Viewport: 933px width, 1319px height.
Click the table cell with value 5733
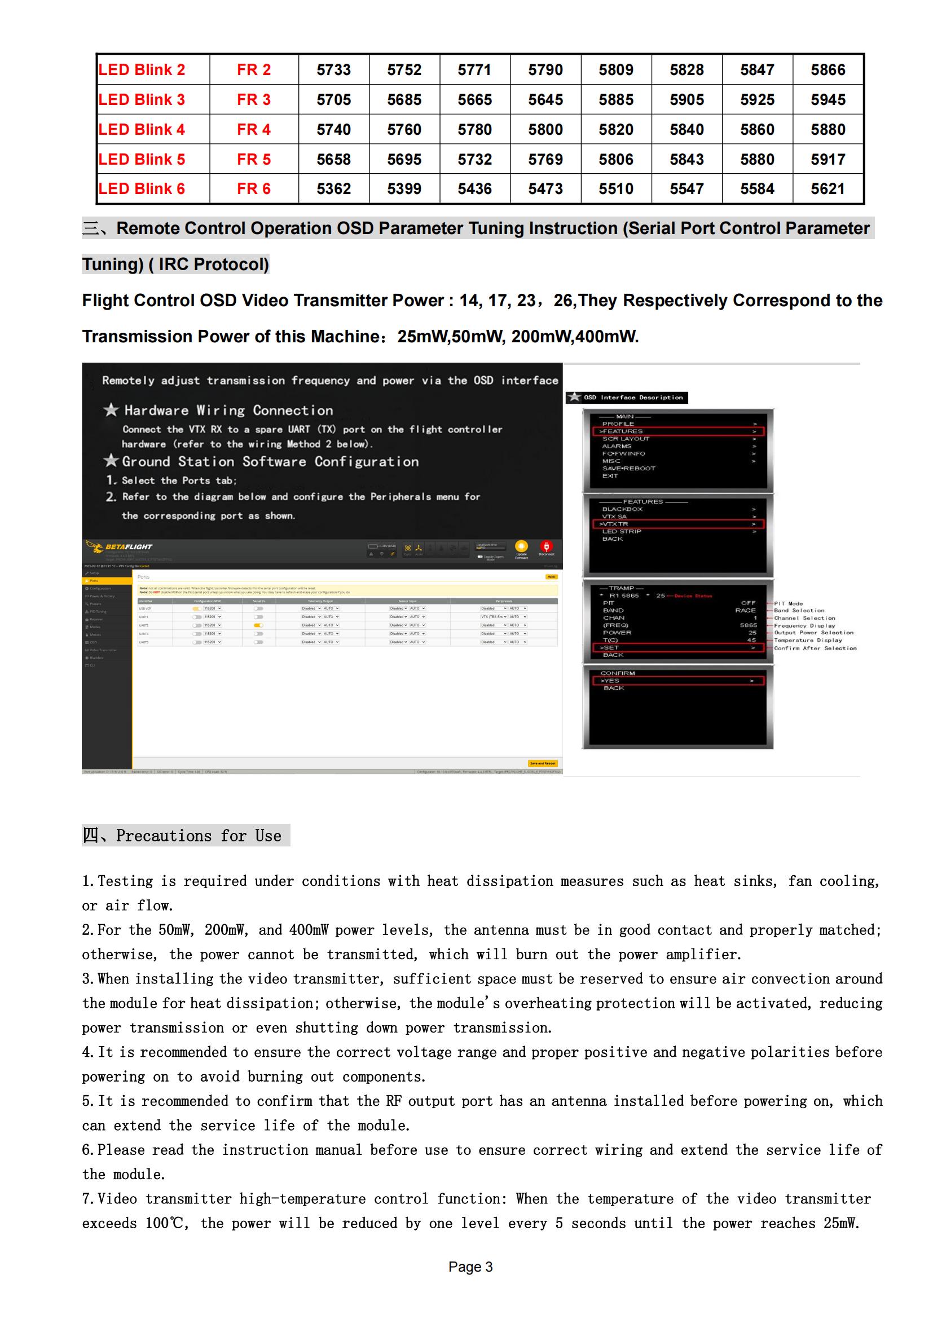click(x=333, y=69)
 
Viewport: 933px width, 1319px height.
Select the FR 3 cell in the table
click(x=253, y=99)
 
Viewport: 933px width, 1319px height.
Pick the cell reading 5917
click(x=828, y=159)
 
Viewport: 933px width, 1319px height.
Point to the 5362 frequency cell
click(x=333, y=188)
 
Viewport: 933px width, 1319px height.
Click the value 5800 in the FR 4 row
click(x=545, y=129)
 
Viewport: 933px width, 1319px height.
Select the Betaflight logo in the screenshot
click(x=120, y=547)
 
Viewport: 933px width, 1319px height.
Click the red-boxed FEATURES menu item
click(x=677, y=431)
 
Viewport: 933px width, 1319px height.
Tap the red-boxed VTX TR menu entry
click(x=677, y=524)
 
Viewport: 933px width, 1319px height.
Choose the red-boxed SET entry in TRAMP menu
click(x=677, y=647)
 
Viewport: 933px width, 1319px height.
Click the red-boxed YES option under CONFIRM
click(x=677, y=681)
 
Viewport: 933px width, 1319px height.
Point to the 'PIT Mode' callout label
click(x=788, y=603)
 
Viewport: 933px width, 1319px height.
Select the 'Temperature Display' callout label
click(x=808, y=640)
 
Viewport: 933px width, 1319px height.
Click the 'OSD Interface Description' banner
click(x=632, y=398)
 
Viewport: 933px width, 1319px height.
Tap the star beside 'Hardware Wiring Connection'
click(x=111, y=409)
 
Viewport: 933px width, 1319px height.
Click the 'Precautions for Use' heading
click(x=198, y=835)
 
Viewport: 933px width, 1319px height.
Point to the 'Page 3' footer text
click(x=470, y=1267)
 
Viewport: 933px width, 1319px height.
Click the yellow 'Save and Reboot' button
click(x=542, y=764)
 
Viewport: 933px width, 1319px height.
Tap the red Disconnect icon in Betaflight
click(x=546, y=546)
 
